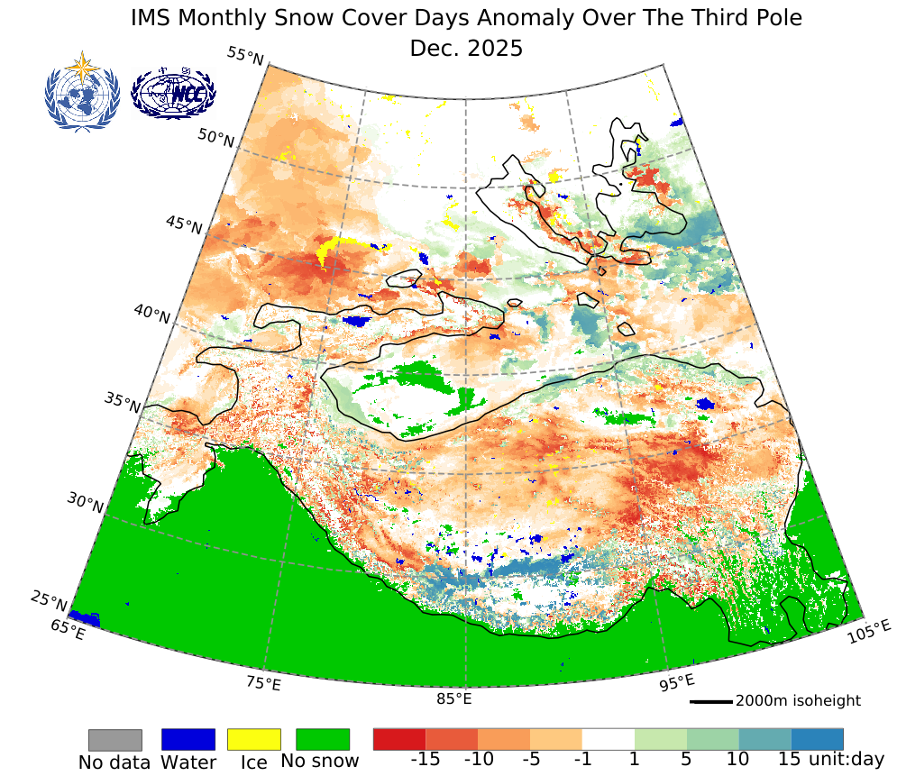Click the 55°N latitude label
pos(245,57)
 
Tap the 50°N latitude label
pos(216,140)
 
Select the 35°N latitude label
pos(123,404)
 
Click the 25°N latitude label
pos(50,599)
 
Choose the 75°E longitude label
pos(263,683)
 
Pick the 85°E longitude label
pos(454,698)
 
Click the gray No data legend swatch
pos(114,740)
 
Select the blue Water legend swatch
pos(188,740)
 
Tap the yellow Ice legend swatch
pos(254,740)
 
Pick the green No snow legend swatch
pos(322,740)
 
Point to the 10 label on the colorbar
pos(737,760)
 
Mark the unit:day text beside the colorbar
pos(847,760)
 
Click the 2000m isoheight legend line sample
pos(710,701)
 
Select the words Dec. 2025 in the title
pos(466,48)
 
